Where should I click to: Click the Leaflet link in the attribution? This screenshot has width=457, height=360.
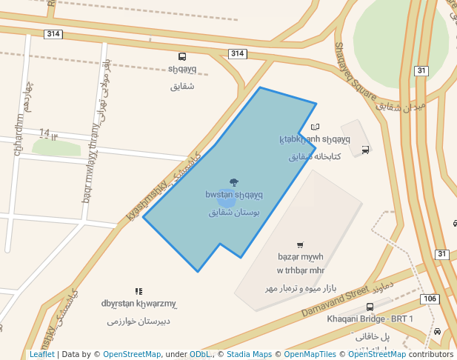click(x=41, y=354)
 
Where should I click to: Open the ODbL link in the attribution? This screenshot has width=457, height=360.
click(x=200, y=354)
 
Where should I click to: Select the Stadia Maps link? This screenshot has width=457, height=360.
click(x=249, y=354)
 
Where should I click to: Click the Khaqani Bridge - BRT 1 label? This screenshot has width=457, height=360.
click(x=370, y=319)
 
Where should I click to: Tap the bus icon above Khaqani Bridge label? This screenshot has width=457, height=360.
click(x=370, y=307)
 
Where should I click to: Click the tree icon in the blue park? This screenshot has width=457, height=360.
click(x=234, y=181)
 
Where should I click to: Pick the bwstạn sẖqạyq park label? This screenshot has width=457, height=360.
click(x=234, y=195)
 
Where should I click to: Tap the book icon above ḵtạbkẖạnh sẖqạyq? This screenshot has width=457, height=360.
click(x=315, y=127)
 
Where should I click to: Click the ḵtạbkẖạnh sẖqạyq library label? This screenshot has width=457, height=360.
click(x=315, y=139)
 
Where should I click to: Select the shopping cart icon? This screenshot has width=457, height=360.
click(x=300, y=245)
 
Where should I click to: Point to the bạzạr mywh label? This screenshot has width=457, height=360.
click(x=301, y=257)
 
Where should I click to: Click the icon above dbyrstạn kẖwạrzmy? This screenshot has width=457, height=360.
click(x=139, y=292)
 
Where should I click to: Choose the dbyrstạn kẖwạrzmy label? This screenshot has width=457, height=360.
click(x=139, y=304)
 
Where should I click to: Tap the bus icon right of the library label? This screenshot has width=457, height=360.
click(x=365, y=150)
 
